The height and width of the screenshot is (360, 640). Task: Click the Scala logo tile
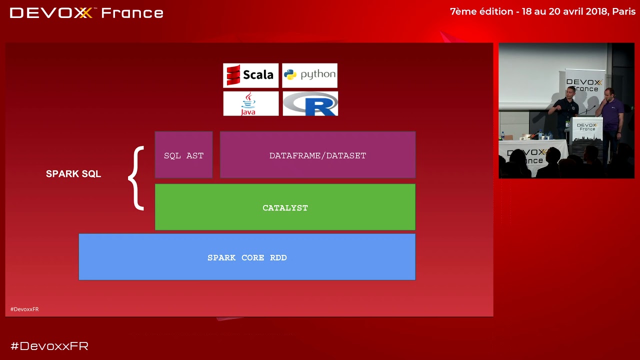[250, 75]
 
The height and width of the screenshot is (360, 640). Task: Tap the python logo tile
[309, 75]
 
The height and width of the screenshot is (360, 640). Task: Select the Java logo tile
[251, 103]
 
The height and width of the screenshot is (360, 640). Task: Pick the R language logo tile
[310, 103]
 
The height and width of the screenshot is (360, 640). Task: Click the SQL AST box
[183, 155]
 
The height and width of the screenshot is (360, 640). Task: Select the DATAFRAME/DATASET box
[317, 155]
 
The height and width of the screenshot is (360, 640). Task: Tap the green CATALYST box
[285, 207]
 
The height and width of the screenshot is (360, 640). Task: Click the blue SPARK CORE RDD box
[247, 257]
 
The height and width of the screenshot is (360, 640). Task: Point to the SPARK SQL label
[73, 173]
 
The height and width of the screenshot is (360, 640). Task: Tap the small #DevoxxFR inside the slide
[24, 309]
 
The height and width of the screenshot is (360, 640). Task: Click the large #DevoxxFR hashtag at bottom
[49, 346]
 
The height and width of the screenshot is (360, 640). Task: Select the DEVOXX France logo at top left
[86, 13]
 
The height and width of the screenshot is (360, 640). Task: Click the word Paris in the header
[623, 11]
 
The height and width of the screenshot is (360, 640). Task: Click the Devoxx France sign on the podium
[587, 127]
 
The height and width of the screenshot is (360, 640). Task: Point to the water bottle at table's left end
[502, 135]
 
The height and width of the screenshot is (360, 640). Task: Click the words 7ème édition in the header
[481, 11]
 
